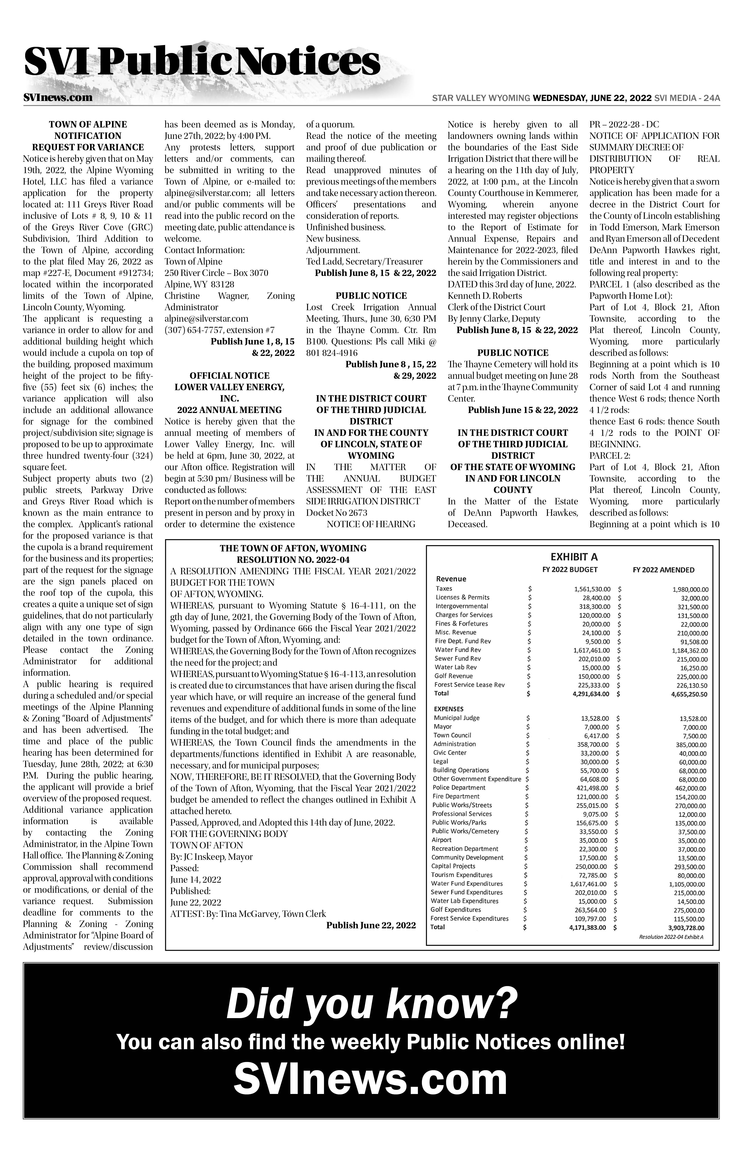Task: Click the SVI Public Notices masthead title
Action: tap(202, 63)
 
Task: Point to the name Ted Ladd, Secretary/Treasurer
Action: tap(364, 261)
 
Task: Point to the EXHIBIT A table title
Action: tap(574, 557)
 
